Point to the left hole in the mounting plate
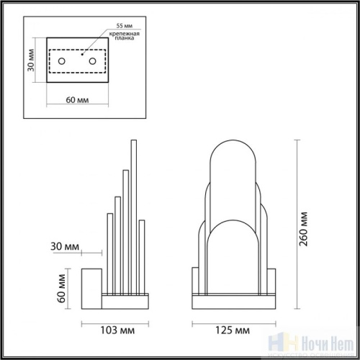coord(62,62)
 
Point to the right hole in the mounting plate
coord(94,62)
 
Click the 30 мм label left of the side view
coord(66,246)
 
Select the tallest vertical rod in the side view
coord(132,216)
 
